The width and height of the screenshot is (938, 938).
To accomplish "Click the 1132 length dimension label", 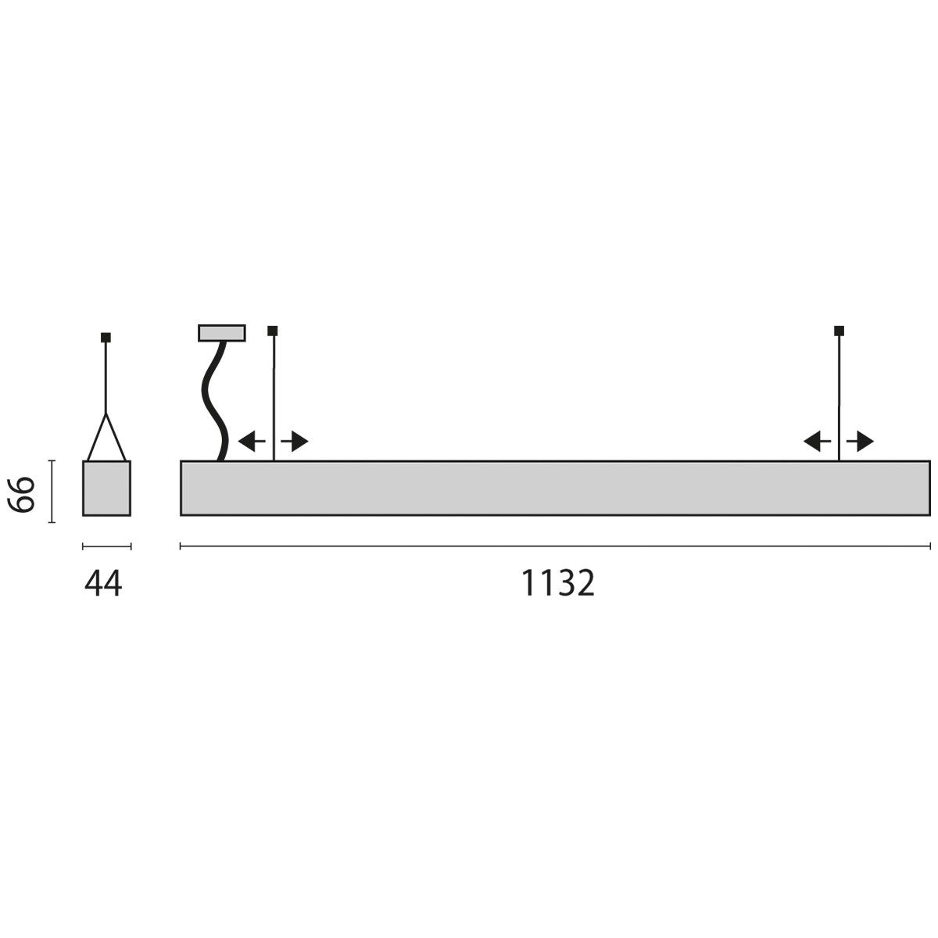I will coord(558,583).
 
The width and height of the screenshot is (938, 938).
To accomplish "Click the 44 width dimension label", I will coord(104,583).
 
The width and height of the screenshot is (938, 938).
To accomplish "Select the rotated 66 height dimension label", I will coord(23,492).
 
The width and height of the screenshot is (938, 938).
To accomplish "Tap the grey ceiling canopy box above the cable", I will coord(222,333).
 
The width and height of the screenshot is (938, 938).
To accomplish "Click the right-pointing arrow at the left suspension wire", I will coord(295,442).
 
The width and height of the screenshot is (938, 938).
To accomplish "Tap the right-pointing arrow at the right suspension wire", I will coord(861,442).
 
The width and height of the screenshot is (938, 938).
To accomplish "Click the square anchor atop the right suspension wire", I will coord(840,330).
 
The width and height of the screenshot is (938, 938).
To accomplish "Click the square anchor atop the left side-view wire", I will coord(272,330).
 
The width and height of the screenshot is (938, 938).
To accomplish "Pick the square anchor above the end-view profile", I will coord(106,338).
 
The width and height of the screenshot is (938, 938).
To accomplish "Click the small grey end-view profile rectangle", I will coord(106,489).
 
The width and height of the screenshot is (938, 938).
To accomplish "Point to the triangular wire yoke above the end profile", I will coord(106,438).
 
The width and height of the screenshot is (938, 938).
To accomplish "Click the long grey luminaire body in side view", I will coord(555,489).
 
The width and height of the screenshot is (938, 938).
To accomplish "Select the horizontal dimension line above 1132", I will coord(555,546).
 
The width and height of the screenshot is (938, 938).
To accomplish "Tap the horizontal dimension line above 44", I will coord(106,546).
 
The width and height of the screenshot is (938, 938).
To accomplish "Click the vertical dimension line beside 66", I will coord(52,491).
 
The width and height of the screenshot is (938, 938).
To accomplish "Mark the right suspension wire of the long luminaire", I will coord(840,391).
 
